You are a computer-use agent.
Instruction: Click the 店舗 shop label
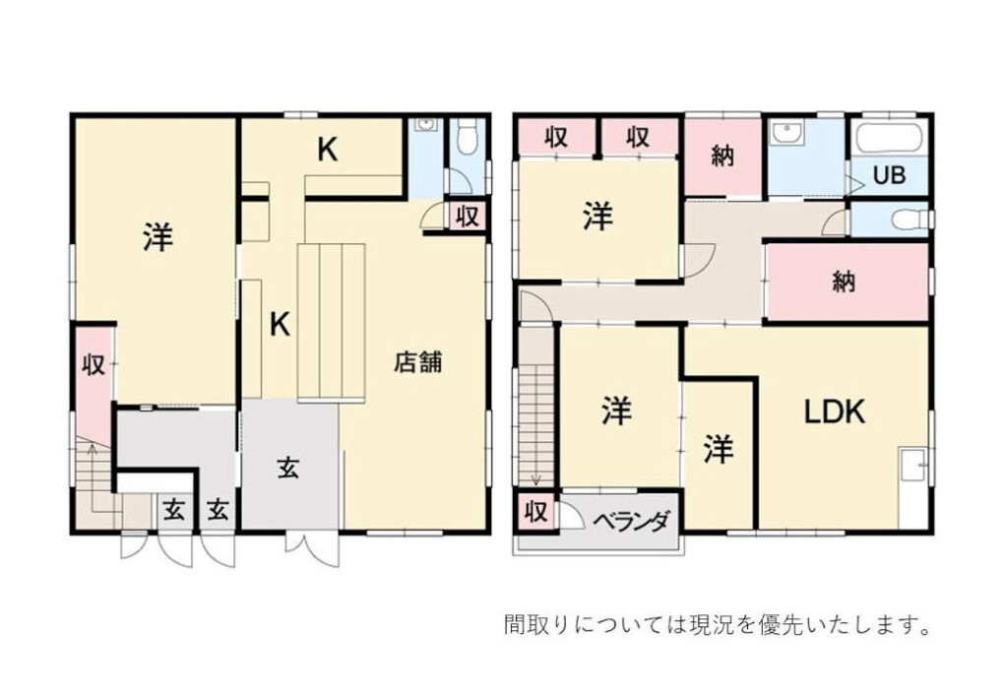[417, 362]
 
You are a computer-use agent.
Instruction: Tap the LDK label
[835, 411]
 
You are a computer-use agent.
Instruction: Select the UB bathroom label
[889, 175]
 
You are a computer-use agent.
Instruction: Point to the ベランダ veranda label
[631, 520]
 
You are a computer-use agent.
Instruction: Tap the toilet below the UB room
[910, 220]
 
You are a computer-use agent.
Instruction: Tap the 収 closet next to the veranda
[536, 511]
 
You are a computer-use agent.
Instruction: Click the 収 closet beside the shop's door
[468, 217]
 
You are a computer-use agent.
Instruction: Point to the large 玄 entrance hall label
[288, 469]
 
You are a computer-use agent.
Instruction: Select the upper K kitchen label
[328, 151]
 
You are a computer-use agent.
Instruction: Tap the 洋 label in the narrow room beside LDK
[719, 448]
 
